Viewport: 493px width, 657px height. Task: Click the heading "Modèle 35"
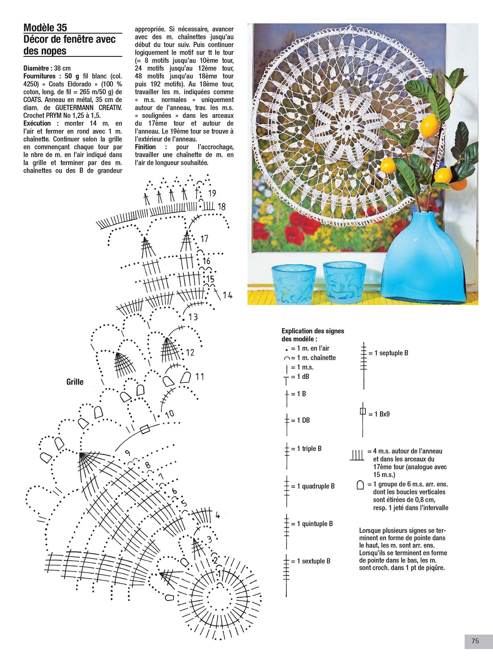[x=45, y=28]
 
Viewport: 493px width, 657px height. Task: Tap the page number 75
[x=475, y=641]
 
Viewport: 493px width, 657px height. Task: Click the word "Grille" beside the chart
[x=75, y=382]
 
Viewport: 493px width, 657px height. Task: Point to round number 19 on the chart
[x=212, y=193]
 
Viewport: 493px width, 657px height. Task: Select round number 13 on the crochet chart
[x=193, y=317]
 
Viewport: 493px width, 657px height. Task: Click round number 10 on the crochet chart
[x=169, y=414]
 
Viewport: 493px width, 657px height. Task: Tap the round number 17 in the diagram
[x=204, y=239]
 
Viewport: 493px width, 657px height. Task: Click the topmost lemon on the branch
[x=429, y=126]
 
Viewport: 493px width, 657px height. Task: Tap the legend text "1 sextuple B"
[x=314, y=561]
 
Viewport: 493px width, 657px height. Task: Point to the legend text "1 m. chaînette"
[x=316, y=358]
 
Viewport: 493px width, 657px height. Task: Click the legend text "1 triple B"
[x=309, y=449]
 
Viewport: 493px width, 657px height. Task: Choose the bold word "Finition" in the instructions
[x=145, y=147]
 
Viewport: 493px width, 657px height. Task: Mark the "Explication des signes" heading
[x=313, y=331]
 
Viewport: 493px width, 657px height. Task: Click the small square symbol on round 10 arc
[x=145, y=429]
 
